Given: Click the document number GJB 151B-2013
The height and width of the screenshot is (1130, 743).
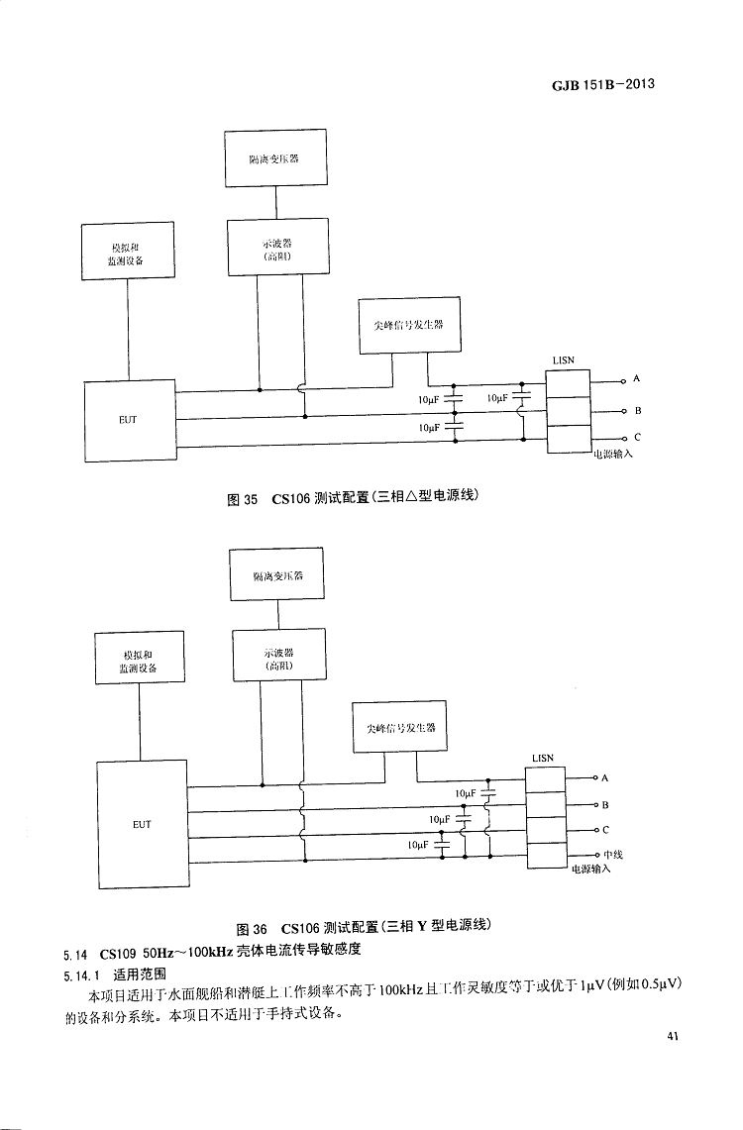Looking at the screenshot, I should [x=603, y=85].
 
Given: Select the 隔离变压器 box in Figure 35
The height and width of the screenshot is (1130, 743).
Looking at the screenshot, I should [x=274, y=158].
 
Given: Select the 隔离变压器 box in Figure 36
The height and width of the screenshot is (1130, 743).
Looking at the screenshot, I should [x=277, y=574].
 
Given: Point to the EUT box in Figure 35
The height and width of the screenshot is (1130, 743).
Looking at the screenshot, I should [x=129, y=420].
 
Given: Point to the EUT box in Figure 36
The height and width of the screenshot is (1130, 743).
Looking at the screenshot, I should [x=142, y=824].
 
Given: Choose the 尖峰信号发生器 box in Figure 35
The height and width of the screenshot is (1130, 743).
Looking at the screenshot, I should [x=410, y=324].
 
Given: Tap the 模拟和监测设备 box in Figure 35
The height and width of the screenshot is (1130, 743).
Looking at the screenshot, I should [x=127, y=252].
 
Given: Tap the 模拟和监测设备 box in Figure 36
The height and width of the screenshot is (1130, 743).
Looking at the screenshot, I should [x=139, y=661].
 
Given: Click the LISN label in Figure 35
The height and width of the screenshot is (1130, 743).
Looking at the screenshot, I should [x=563, y=360].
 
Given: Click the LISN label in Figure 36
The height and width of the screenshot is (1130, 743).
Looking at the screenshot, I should [x=543, y=758].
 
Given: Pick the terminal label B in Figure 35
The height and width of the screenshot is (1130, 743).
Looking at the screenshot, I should [x=638, y=409].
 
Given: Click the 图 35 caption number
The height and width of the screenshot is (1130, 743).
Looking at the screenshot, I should [x=243, y=499].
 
